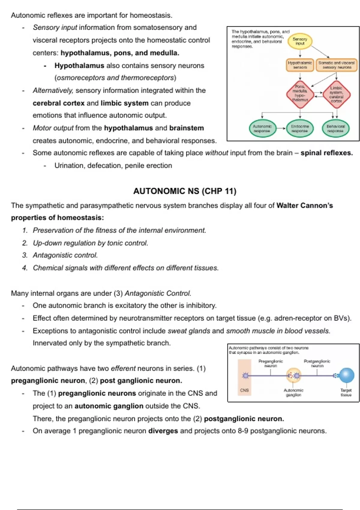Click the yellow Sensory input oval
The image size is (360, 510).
coord(300,41)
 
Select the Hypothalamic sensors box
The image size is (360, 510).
coord(300,65)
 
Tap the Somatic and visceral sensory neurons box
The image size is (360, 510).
coord(336,65)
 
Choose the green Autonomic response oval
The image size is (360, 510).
coord(262,129)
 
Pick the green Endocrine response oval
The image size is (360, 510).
coord(300,129)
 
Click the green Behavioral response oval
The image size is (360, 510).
coord(336,129)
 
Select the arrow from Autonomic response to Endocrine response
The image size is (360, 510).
coord(281,128)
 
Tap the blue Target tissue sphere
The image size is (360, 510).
coord(346,375)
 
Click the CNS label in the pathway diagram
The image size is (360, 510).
coord(244,390)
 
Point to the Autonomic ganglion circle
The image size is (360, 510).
coord(293,375)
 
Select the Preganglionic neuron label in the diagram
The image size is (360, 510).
coord(271,363)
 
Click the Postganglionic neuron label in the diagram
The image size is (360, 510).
coord(317,363)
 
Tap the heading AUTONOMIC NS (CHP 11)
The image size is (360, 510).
coord(185,191)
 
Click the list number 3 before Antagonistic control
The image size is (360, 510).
coord(25,255)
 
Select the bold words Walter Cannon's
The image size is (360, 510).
coord(304,205)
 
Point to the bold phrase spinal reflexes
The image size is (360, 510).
coord(326,153)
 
